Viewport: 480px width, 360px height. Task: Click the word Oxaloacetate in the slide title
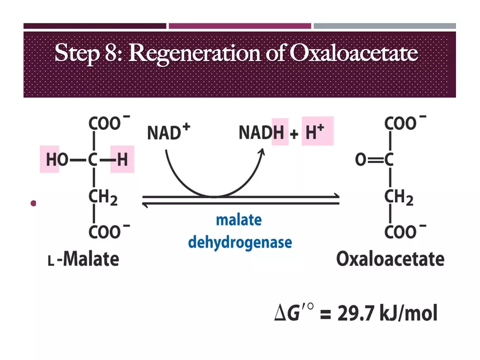click(353, 53)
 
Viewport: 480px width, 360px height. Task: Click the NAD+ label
click(169, 131)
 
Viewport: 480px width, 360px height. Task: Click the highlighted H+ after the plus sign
click(315, 131)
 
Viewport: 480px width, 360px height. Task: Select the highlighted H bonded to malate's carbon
click(122, 159)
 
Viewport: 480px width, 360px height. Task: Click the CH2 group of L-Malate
click(103, 197)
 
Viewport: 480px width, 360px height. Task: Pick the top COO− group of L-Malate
click(109, 123)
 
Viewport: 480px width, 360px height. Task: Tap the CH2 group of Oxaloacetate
click(399, 197)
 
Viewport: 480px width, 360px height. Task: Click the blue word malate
click(239, 220)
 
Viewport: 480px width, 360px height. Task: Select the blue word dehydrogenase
click(240, 242)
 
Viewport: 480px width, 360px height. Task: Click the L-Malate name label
click(83, 259)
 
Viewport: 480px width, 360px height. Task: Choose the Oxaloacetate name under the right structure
click(391, 259)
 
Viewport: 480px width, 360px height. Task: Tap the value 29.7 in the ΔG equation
click(356, 313)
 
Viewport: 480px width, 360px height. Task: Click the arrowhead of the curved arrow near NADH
click(262, 152)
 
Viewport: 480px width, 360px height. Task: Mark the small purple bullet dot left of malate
click(33, 203)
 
